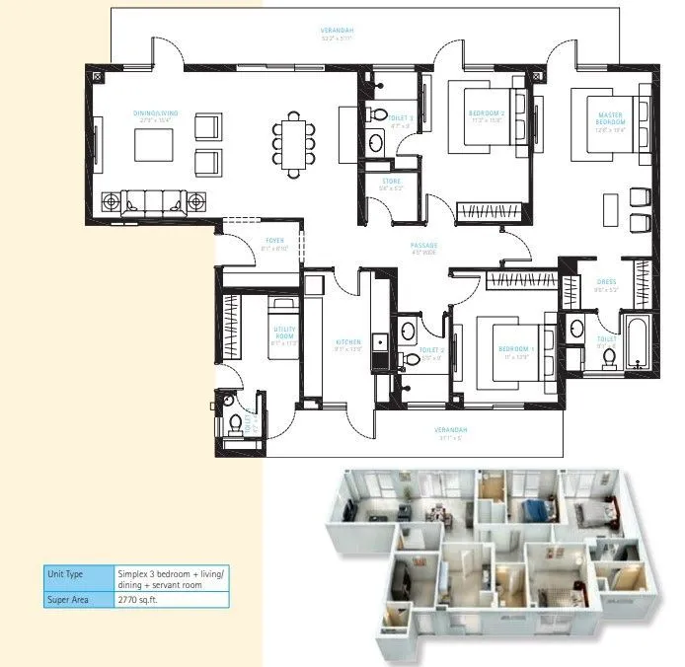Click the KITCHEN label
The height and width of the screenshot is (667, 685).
(x=347, y=342)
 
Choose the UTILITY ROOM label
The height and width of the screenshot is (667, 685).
(x=283, y=333)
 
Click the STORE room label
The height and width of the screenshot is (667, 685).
(x=390, y=183)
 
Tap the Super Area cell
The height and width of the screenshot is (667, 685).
(x=77, y=598)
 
